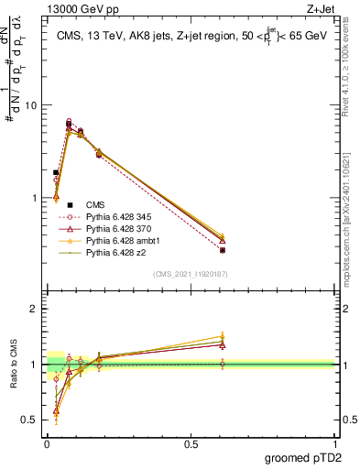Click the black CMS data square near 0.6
click(223, 250)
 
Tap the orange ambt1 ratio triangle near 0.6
click(223, 336)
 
